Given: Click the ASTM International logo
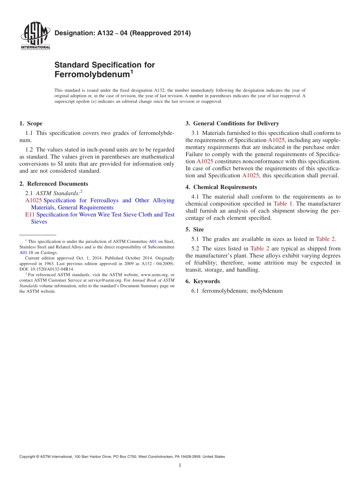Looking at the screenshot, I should (x=35, y=36).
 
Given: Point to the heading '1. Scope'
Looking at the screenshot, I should (x=31, y=124).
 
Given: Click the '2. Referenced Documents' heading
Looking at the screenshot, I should (x=53, y=184).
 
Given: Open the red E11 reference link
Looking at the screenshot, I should (x=30, y=214).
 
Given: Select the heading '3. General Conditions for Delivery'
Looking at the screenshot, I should (x=232, y=124).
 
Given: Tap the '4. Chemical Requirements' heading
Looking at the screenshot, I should (x=221, y=187).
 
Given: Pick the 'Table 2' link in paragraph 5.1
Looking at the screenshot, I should (x=325, y=239).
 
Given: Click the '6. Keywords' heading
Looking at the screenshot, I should (x=202, y=281).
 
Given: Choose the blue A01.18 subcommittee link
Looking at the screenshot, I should (x=26, y=252).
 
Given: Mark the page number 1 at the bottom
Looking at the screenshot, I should (x=180, y=466).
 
